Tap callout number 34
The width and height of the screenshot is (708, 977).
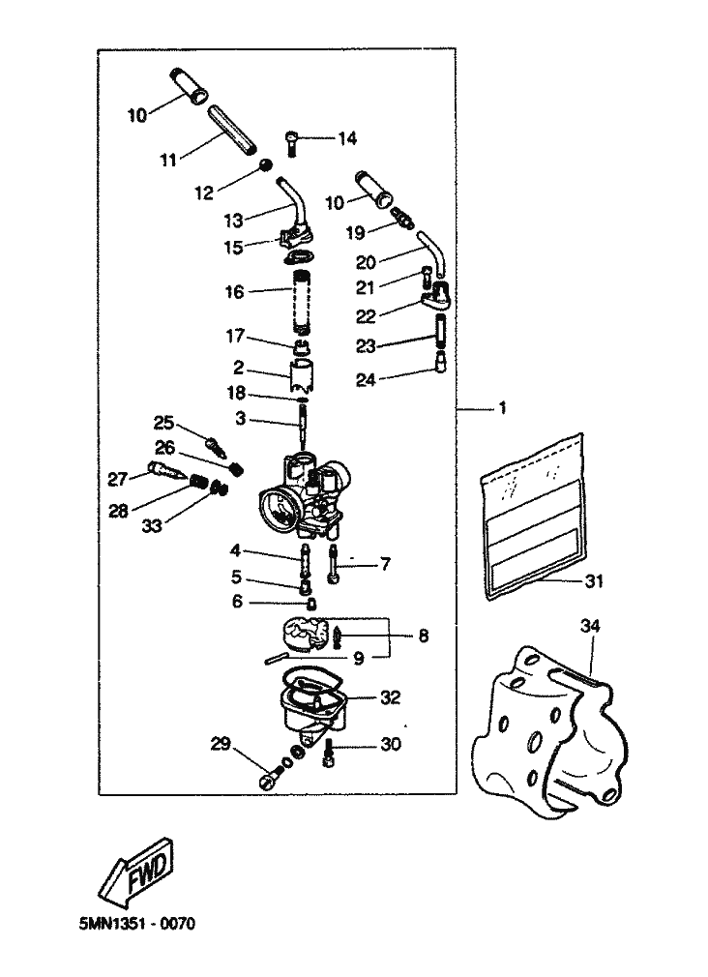tap(590, 626)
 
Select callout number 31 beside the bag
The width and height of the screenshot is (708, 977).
tap(593, 580)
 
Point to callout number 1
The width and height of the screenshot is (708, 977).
tap(502, 409)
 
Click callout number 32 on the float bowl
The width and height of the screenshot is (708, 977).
tap(389, 696)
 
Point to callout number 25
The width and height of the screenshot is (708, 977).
tap(163, 422)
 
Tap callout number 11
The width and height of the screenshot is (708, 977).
tap(168, 158)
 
